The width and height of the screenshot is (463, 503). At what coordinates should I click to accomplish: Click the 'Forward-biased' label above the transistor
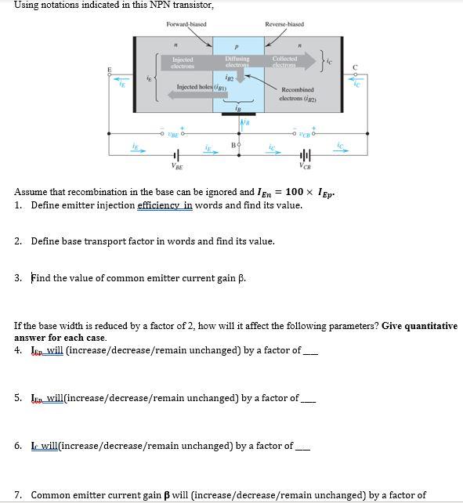point(186,24)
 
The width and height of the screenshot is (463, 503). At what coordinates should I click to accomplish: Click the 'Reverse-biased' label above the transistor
point(284,24)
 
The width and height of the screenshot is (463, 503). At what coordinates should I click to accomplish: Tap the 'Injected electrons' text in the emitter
point(182,62)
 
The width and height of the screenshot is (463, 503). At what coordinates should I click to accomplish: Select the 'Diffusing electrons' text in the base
point(237,62)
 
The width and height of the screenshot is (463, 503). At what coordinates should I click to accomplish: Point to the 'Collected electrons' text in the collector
point(284,62)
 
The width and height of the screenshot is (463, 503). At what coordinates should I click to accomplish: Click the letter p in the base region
point(235,46)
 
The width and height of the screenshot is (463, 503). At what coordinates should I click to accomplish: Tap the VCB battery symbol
point(304,154)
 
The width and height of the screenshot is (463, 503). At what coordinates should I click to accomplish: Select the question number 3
point(18,277)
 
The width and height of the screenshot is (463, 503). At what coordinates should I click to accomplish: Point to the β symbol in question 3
point(241,277)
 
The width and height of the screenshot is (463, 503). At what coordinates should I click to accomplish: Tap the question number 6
point(18,446)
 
